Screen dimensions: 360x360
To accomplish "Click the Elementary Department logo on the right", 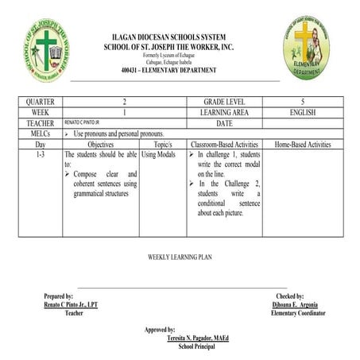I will pos(306,48).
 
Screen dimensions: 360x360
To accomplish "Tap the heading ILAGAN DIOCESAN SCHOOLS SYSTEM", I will pos(168,37).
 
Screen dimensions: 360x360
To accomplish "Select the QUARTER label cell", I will pos(40,103).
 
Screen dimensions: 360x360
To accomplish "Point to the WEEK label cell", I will pos(40,113).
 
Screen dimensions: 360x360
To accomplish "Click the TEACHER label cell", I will pos(40,123).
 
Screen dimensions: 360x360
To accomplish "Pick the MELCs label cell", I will pos(40,134).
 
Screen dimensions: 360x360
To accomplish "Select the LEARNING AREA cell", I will pos(225,113).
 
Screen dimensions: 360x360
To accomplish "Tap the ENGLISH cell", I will pos(303,113).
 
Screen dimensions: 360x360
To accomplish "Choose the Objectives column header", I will pos(100,145).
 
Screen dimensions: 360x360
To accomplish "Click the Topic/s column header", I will pos(163,145).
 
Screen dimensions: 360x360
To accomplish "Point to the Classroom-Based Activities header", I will pos(225,145).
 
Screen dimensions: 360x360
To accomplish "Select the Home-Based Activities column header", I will pos(303,145).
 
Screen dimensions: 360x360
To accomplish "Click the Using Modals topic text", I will pos(159,154).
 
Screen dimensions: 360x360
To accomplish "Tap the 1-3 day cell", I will pos(40,154).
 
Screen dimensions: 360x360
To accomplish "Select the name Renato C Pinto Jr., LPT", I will pos(72,304).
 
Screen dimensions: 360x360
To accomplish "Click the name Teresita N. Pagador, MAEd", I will pos(197,338).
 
